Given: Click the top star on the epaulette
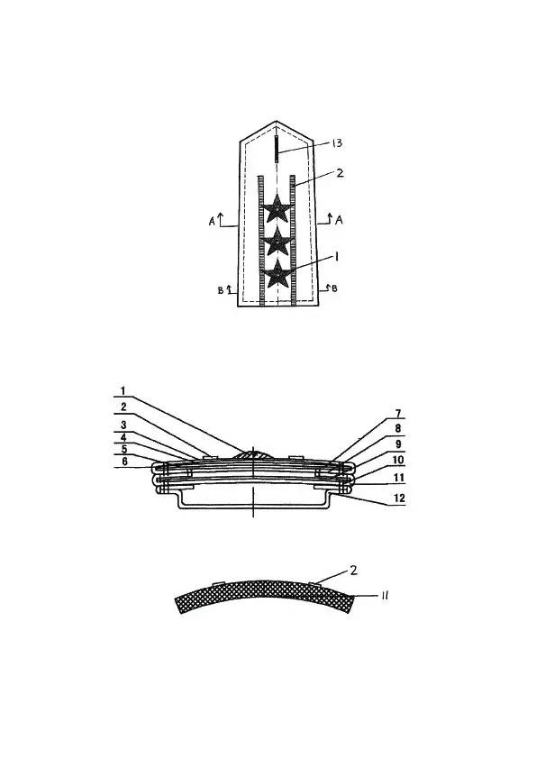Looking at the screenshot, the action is tap(277, 208).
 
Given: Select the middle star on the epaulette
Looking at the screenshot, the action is tap(277, 242).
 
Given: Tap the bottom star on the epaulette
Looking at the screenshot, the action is tap(277, 274).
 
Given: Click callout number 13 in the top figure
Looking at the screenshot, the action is tap(337, 142).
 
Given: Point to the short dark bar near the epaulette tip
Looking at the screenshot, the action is tap(277, 149).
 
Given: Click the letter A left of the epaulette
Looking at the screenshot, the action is tap(212, 222).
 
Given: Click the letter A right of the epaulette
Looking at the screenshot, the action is tap(339, 220).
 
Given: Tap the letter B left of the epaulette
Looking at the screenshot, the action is tap(221, 290).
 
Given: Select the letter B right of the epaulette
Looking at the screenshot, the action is tap(334, 288).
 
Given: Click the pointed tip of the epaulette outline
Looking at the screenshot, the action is tap(277, 121).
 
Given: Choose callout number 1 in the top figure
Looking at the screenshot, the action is tap(337, 257).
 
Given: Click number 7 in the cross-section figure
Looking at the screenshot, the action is tap(398, 414).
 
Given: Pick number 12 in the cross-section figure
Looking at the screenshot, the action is tap(398, 498).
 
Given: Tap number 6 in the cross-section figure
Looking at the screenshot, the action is tap(125, 462).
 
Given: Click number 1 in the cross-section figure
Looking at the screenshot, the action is tap(123, 390).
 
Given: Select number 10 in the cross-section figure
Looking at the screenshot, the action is tap(398, 460).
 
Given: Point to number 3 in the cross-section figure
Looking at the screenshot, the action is tap(123, 425).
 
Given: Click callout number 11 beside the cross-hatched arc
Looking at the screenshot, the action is tap(385, 595).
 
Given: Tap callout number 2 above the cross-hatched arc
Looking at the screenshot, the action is tap(354, 571).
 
